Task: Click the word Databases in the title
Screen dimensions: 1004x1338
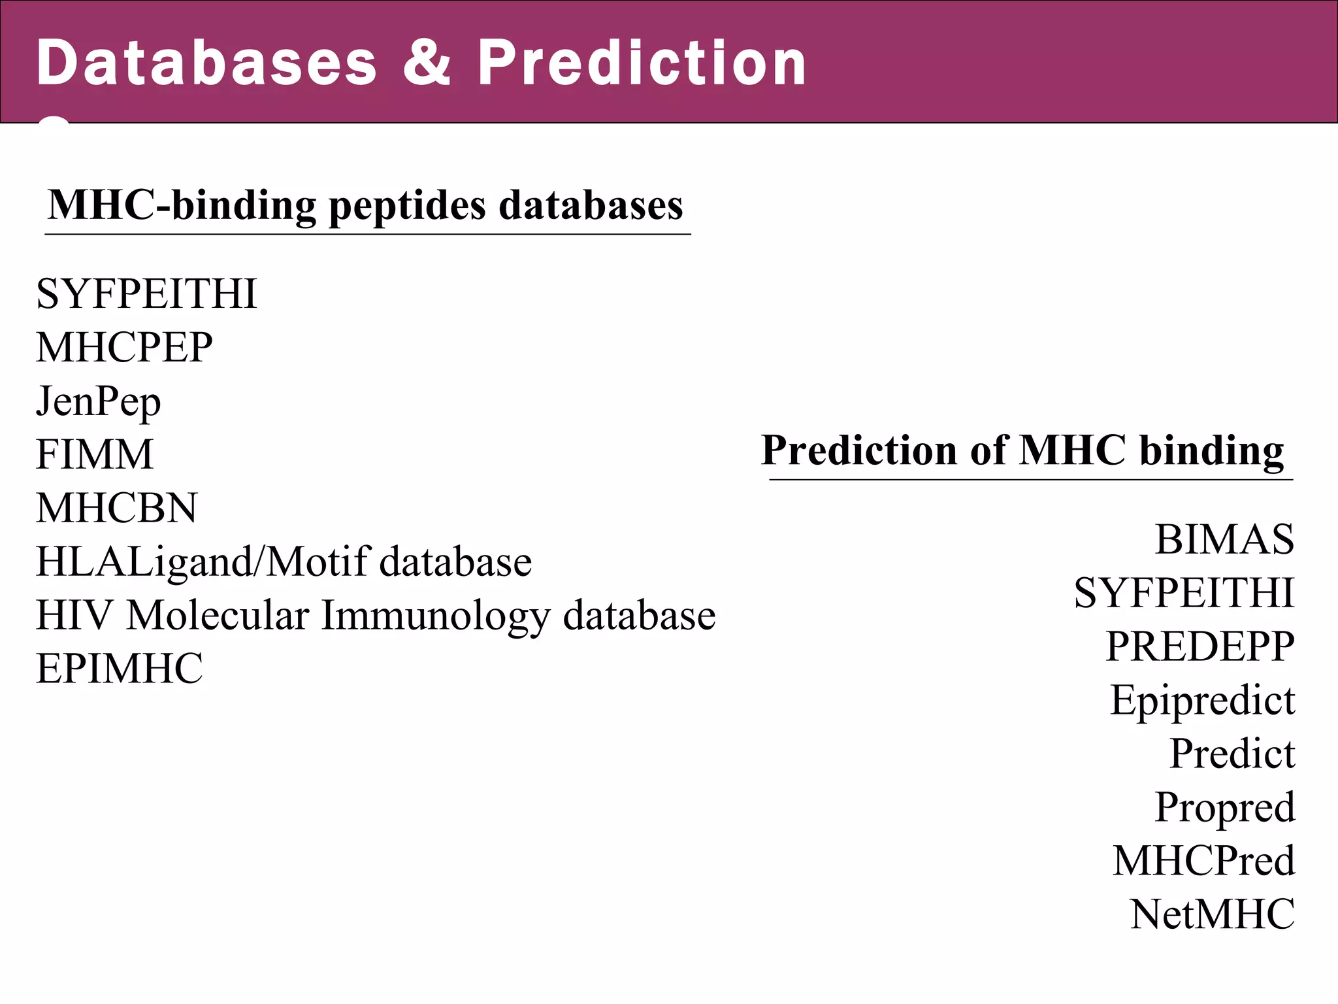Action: [x=206, y=63]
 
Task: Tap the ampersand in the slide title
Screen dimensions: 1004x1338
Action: [x=427, y=63]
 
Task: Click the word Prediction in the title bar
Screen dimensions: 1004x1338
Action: [x=642, y=63]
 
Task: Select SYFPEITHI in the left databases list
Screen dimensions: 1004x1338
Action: [x=146, y=293]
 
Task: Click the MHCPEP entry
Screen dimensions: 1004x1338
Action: [x=124, y=347]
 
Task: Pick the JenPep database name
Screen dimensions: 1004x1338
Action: [x=98, y=401]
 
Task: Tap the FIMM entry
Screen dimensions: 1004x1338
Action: [x=95, y=454]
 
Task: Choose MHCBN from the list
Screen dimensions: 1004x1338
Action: [x=116, y=508]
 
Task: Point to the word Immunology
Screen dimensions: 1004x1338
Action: [x=436, y=616]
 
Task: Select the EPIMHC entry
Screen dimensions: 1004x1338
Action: [x=120, y=669]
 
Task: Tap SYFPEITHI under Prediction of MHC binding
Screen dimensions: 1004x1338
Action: [x=1184, y=593]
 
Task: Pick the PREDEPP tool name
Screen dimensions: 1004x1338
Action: [x=1199, y=646]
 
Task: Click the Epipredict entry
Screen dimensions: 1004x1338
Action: [x=1202, y=701]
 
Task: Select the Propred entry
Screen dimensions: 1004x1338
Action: [x=1224, y=807]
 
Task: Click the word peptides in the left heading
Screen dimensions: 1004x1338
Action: [x=408, y=207]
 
